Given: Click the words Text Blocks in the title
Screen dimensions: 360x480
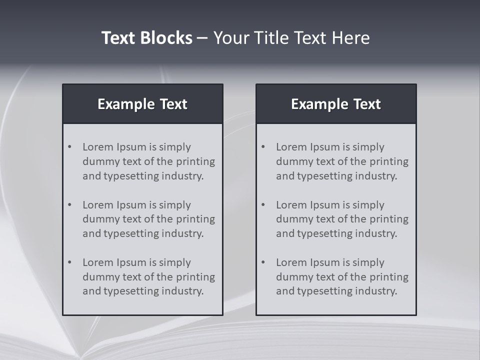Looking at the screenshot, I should coord(146,38).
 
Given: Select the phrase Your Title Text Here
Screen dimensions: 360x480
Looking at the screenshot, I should coord(291,38).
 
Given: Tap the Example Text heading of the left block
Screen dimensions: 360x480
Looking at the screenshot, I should coord(142,104).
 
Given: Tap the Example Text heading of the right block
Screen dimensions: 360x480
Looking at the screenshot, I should coord(336,104).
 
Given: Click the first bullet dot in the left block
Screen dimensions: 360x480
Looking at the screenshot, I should coord(70,147).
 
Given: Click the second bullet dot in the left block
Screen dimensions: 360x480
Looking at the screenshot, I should coord(70,205).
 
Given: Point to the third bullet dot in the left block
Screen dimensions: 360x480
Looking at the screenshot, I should coord(70,262).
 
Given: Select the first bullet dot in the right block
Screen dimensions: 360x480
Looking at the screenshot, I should coord(263,147).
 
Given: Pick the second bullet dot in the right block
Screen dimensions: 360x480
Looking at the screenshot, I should coord(263,205).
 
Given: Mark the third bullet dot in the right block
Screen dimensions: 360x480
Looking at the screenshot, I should coord(263,262).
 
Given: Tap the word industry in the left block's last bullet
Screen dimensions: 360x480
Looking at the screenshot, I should coord(183,291).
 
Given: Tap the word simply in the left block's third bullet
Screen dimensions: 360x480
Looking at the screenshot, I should coord(174,262).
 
